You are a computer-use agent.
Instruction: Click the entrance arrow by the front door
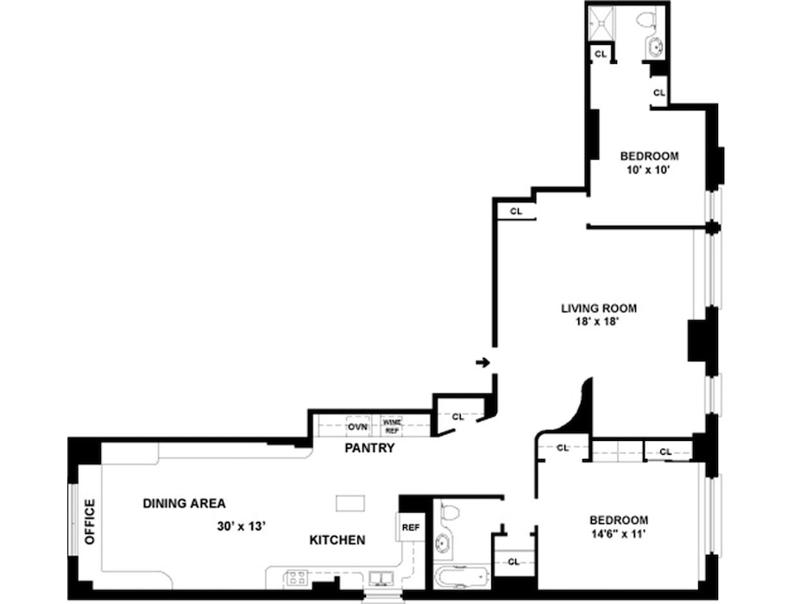click(x=482, y=362)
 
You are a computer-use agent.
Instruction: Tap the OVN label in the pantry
click(x=357, y=427)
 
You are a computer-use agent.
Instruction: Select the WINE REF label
click(x=392, y=426)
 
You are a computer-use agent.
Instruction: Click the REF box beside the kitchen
click(x=411, y=527)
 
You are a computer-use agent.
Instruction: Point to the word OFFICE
click(x=90, y=522)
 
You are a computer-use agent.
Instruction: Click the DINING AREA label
click(x=185, y=503)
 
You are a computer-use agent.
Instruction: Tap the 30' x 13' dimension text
click(x=242, y=526)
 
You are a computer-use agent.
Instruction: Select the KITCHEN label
click(x=337, y=540)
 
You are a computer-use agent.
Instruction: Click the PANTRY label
click(x=369, y=448)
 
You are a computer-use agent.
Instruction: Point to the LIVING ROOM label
click(x=599, y=308)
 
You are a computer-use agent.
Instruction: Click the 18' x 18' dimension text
click(x=598, y=322)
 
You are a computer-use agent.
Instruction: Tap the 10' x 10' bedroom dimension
click(x=649, y=170)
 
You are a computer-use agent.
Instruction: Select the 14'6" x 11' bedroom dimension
click(x=618, y=533)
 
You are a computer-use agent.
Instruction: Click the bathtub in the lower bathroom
click(x=462, y=577)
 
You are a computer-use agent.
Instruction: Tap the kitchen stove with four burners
click(x=297, y=577)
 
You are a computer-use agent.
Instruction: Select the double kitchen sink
click(x=381, y=578)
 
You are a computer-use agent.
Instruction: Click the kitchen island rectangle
click(x=350, y=503)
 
